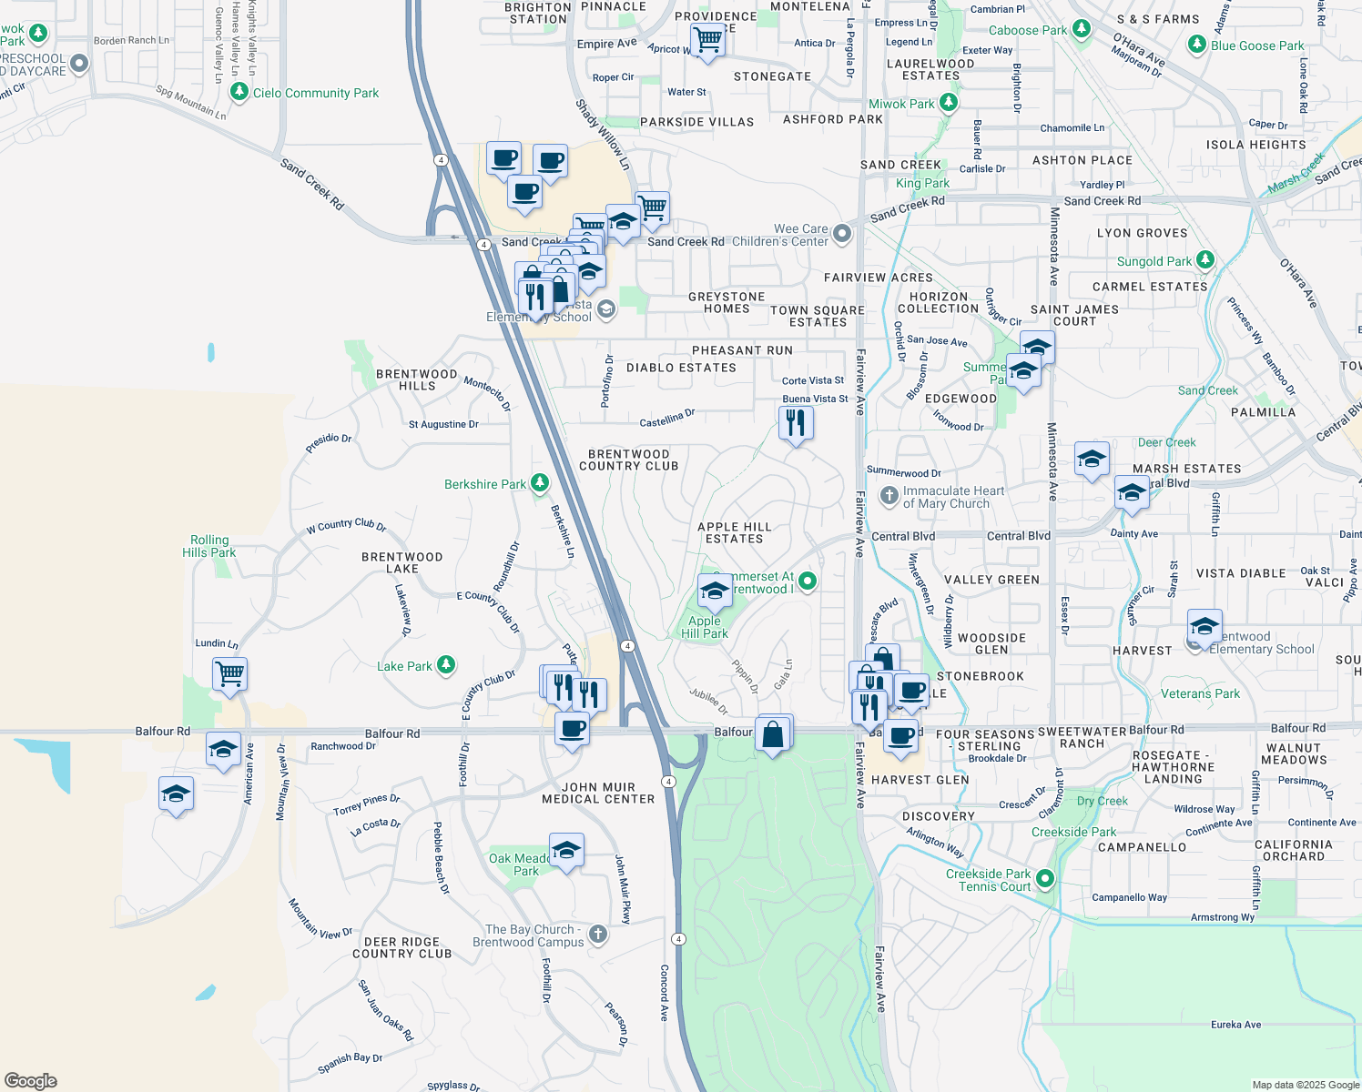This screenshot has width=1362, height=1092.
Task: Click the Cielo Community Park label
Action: click(x=315, y=93)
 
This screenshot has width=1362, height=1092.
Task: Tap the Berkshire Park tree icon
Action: click(x=540, y=483)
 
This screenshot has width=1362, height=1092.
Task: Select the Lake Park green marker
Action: click(x=445, y=665)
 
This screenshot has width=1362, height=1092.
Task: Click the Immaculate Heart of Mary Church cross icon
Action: click(x=889, y=496)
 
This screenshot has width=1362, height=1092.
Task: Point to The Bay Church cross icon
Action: click(x=598, y=935)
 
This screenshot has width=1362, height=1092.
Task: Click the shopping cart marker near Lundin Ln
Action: click(x=229, y=674)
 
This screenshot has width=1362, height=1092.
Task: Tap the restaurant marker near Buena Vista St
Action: click(x=796, y=422)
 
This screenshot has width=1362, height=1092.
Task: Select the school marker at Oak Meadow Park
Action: click(x=566, y=851)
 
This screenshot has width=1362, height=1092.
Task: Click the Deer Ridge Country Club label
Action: click(x=402, y=948)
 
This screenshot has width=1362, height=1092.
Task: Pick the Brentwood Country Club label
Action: click(x=629, y=460)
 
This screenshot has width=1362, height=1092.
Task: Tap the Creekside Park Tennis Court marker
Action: click(x=1045, y=879)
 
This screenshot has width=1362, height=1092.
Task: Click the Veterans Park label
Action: click(x=1200, y=693)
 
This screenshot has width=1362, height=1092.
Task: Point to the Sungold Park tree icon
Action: click(x=1205, y=260)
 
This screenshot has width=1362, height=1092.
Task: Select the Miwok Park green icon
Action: click(x=948, y=103)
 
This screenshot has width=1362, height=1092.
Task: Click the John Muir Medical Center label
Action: click(x=598, y=793)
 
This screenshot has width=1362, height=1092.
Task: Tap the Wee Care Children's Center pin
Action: click(x=842, y=234)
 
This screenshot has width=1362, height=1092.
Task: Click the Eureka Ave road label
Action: click(x=1235, y=1025)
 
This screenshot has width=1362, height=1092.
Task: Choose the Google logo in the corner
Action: click(x=30, y=1081)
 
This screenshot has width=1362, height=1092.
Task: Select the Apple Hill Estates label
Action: click(x=734, y=532)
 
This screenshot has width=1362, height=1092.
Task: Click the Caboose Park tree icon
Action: click(x=1081, y=29)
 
